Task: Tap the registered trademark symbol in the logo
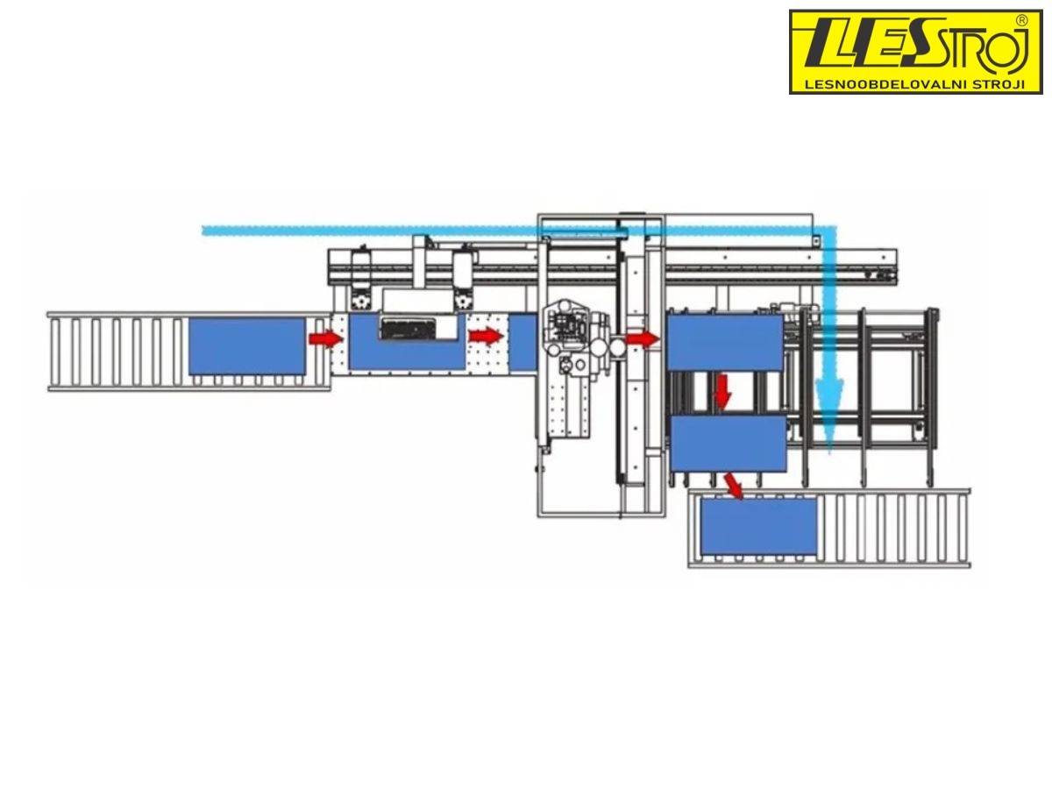pyautogui.click(x=1020, y=20)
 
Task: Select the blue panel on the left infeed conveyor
pyautogui.click(x=246, y=345)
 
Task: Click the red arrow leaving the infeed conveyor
pyautogui.click(x=325, y=338)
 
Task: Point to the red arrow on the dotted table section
pyautogui.click(x=486, y=336)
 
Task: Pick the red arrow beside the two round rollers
pyautogui.click(x=643, y=338)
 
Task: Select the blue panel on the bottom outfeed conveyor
pyautogui.click(x=757, y=526)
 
